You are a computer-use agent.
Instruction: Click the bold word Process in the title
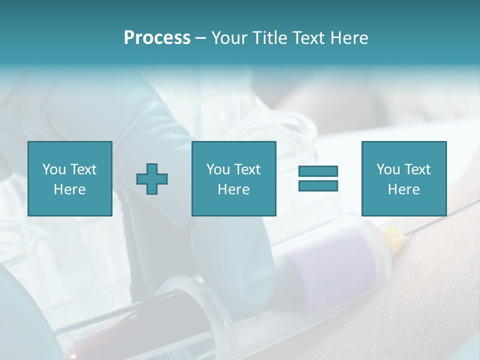coord(157,38)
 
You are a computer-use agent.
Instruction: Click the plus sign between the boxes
coord(152,179)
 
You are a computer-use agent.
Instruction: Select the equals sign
coord(318,178)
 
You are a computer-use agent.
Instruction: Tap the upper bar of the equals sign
coord(318,171)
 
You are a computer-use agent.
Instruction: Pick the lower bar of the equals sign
coord(318,185)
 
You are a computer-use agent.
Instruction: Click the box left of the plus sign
coord(70,179)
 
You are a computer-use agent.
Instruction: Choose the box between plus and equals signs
coord(234,179)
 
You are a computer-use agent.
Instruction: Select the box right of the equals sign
coord(404,179)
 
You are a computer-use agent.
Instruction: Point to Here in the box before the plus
coord(70,189)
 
